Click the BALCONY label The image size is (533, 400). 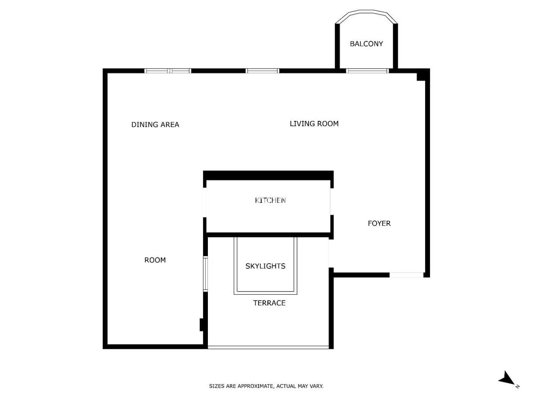pyautogui.click(x=366, y=44)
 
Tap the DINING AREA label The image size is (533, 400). pyautogui.click(x=155, y=124)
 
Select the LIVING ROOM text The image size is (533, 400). pyautogui.click(x=314, y=124)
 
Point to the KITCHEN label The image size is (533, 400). pyautogui.click(x=270, y=200)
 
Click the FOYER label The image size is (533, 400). pyautogui.click(x=379, y=224)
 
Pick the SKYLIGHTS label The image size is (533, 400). pyautogui.click(x=265, y=266)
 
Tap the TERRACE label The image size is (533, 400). pyautogui.click(x=269, y=303)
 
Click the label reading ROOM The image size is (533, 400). pyautogui.click(x=155, y=260)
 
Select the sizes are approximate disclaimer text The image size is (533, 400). pyautogui.click(x=266, y=386)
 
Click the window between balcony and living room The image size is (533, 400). pyautogui.click(x=367, y=71)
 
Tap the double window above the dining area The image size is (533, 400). pyautogui.click(x=167, y=71)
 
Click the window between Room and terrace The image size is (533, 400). pyautogui.click(x=206, y=274)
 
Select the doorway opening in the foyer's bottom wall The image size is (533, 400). pyautogui.click(x=406, y=275)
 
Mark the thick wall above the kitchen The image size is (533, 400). pyautogui.click(x=268, y=176)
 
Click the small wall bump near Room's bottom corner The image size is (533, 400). pyautogui.click(x=202, y=325)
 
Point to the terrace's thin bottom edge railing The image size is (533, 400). pyautogui.click(x=268, y=348)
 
